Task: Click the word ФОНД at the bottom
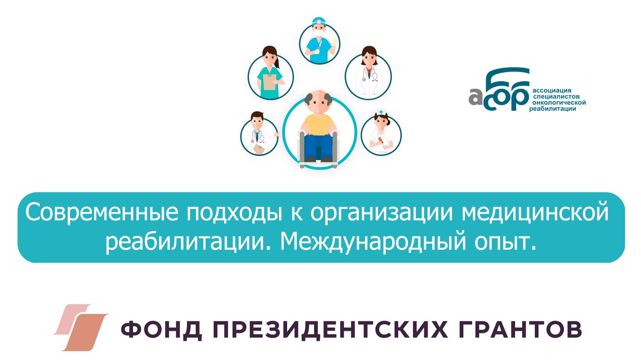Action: [161, 329]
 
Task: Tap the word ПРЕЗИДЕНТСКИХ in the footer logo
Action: [331, 329]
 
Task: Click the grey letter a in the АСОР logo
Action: [475, 97]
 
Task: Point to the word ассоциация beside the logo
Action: [552, 91]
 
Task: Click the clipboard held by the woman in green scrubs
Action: [269, 82]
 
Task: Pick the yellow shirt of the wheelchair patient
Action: [318, 124]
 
